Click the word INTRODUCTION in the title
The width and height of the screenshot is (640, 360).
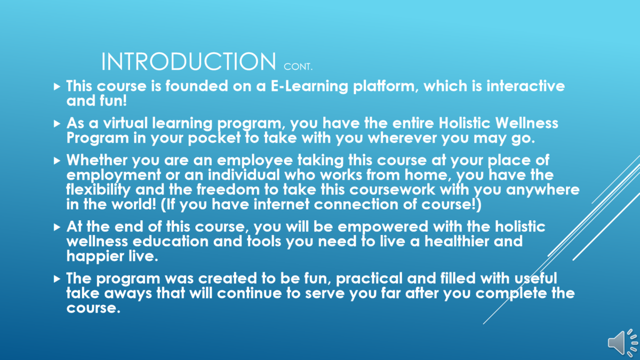point(189,61)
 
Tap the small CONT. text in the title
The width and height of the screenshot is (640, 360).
point(298,67)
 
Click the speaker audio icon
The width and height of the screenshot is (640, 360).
point(622,343)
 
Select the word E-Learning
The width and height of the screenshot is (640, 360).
point(309,86)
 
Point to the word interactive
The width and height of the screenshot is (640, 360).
point(526,86)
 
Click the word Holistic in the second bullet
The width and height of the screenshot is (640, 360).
point(465,123)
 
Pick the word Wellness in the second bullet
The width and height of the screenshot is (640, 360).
point(526,123)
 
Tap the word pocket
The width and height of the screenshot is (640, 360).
point(214,138)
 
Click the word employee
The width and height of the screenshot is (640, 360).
point(255,161)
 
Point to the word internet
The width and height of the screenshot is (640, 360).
point(282,205)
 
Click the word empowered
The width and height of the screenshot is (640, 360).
point(383,227)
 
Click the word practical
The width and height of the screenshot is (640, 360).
point(370,279)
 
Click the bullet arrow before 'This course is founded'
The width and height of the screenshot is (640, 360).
point(57,86)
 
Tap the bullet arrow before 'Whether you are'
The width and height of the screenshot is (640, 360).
point(57,161)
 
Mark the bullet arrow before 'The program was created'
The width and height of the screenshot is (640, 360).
point(57,279)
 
